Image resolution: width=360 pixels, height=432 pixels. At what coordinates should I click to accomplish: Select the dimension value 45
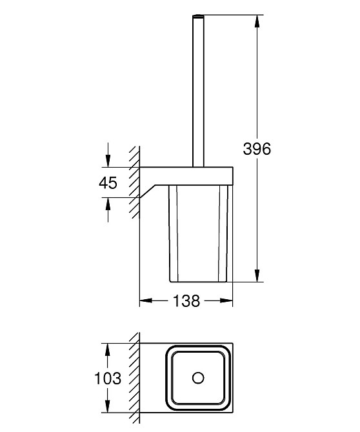pos(108,182)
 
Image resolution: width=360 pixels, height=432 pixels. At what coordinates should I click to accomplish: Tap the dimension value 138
pos(186,300)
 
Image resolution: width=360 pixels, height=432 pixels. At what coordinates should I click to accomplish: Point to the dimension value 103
pos(108,378)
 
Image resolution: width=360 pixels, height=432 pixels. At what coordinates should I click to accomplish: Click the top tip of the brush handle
pos(197,15)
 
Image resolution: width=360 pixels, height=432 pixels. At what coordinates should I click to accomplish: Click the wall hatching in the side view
pos(134,181)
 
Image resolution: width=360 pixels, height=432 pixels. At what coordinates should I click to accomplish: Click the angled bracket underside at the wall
pos(150,191)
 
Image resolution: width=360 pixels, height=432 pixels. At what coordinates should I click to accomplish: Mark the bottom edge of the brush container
pos(198,282)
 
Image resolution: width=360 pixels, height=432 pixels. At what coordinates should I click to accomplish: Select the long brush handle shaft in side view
pos(197,90)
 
